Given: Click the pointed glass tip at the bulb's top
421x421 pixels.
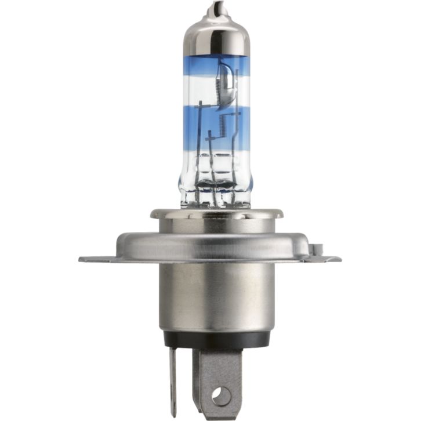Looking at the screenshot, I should [216, 8].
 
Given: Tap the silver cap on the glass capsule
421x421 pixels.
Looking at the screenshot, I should [216, 35].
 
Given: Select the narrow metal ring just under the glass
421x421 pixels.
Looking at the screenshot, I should [216, 213].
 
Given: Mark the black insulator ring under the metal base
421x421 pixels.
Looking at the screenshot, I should [216, 340].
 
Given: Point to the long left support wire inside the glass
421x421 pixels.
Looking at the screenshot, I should [199, 139].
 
